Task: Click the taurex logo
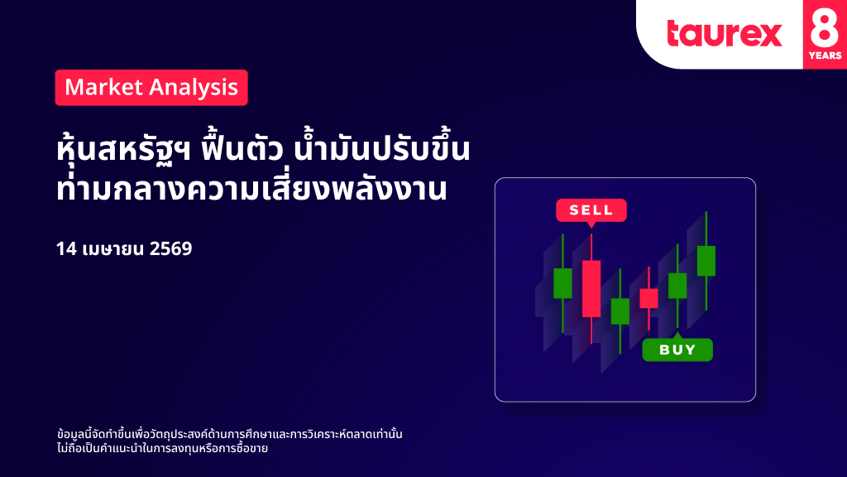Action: coord(725,33)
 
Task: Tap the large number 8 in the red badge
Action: coord(825,28)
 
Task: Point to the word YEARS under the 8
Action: coord(825,55)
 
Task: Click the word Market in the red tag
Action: coord(103,87)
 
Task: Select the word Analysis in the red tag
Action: coord(194,88)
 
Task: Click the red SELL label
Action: coord(591,210)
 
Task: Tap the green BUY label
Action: coord(677,349)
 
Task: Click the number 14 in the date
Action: coord(66,248)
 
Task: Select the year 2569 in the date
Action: coord(170,248)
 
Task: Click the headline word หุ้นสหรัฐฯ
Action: coord(123,149)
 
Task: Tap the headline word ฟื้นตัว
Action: coord(242,147)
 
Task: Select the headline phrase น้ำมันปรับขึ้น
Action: coord(381,147)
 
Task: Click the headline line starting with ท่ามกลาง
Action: coord(251,188)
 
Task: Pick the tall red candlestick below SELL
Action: coord(591,288)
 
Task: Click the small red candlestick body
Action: coord(648,298)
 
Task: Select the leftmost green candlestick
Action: coord(562,283)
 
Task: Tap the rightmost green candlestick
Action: coord(706,261)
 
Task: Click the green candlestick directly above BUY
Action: coord(677,286)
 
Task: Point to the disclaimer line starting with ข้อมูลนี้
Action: coord(230,434)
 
